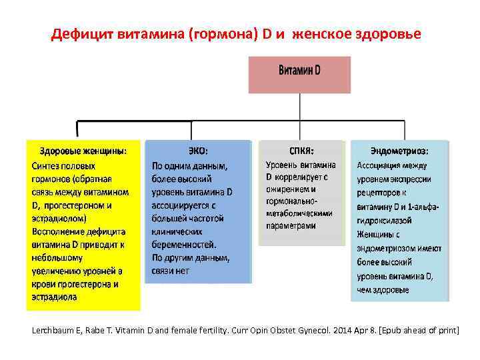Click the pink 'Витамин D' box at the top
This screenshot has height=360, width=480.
(x=299, y=74)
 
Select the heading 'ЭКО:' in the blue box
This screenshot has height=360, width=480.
(x=198, y=151)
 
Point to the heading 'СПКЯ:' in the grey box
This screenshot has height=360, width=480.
(x=302, y=151)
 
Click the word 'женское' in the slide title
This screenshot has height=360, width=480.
(x=325, y=33)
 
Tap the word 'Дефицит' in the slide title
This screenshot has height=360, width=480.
(x=82, y=33)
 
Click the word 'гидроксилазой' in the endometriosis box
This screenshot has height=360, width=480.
(x=385, y=220)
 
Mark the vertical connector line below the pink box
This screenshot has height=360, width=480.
(x=299, y=107)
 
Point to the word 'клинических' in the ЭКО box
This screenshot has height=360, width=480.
(x=177, y=231)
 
